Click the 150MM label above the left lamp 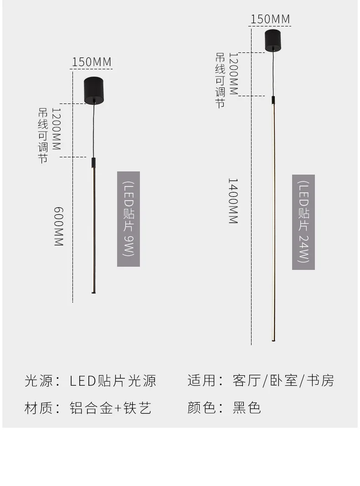[x=92, y=62]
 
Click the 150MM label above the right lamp [x=270, y=19]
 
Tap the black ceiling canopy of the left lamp [x=93, y=90]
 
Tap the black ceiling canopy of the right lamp [x=273, y=40]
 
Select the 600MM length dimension [x=59, y=227]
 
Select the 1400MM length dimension [x=233, y=201]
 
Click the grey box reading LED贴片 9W [x=129, y=219]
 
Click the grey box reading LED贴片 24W [x=303, y=222]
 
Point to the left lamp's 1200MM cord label [x=56, y=129]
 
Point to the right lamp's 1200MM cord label [x=233, y=74]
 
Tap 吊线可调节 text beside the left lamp [x=43, y=135]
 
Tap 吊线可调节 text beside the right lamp [x=220, y=81]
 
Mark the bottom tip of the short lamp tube [x=93, y=293]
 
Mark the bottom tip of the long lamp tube [x=273, y=341]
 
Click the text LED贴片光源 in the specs [x=113, y=381]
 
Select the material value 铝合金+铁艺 [x=111, y=408]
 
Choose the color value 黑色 [x=247, y=408]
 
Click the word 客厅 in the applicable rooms [x=247, y=381]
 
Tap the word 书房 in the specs [x=320, y=381]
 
